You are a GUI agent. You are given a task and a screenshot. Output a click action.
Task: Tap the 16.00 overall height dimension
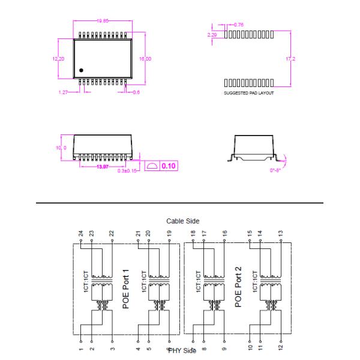[x=145, y=59]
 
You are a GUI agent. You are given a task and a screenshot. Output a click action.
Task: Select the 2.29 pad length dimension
[x=211, y=35]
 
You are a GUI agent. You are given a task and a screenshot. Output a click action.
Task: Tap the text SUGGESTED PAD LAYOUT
[x=248, y=94]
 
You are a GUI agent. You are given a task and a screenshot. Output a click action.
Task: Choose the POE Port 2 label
[x=238, y=287]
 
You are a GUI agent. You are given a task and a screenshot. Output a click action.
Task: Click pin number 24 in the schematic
[x=80, y=233]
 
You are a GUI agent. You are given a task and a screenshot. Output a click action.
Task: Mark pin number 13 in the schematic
[x=280, y=233]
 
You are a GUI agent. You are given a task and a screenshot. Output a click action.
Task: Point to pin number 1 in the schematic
[x=80, y=346]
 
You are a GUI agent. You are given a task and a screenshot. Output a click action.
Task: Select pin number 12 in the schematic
[x=280, y=346]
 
